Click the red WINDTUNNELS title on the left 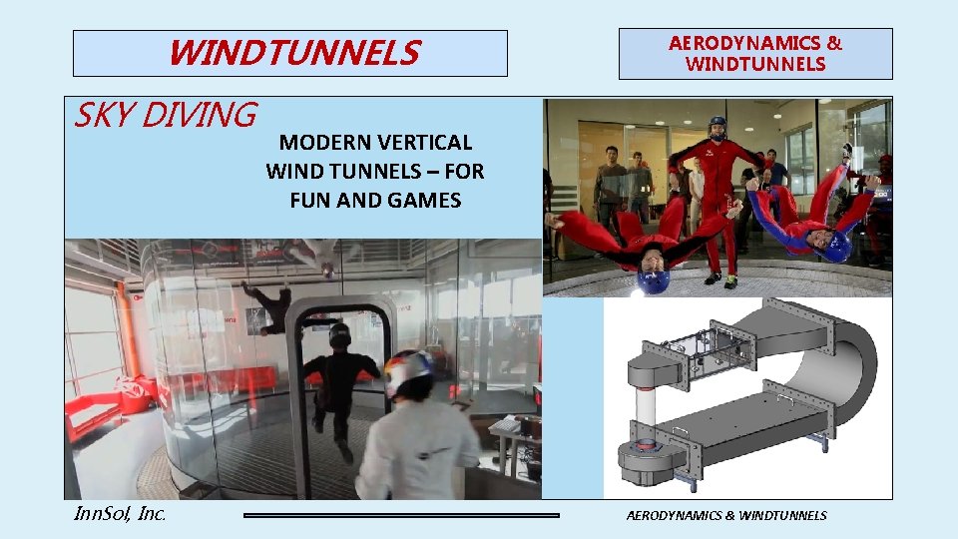click(x=293, y=53)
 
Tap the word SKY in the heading click(x=104, y=116)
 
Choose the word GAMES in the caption click(x=425, y=200)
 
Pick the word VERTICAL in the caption click(x=425, y=143)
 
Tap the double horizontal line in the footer click(x=402, y=515)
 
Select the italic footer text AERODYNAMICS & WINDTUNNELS click(x=726, y=515)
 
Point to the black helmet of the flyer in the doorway click(x=340, y=335)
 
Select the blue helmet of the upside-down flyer click(x=654, y=272)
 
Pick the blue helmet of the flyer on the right click(x=837, y=244)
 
